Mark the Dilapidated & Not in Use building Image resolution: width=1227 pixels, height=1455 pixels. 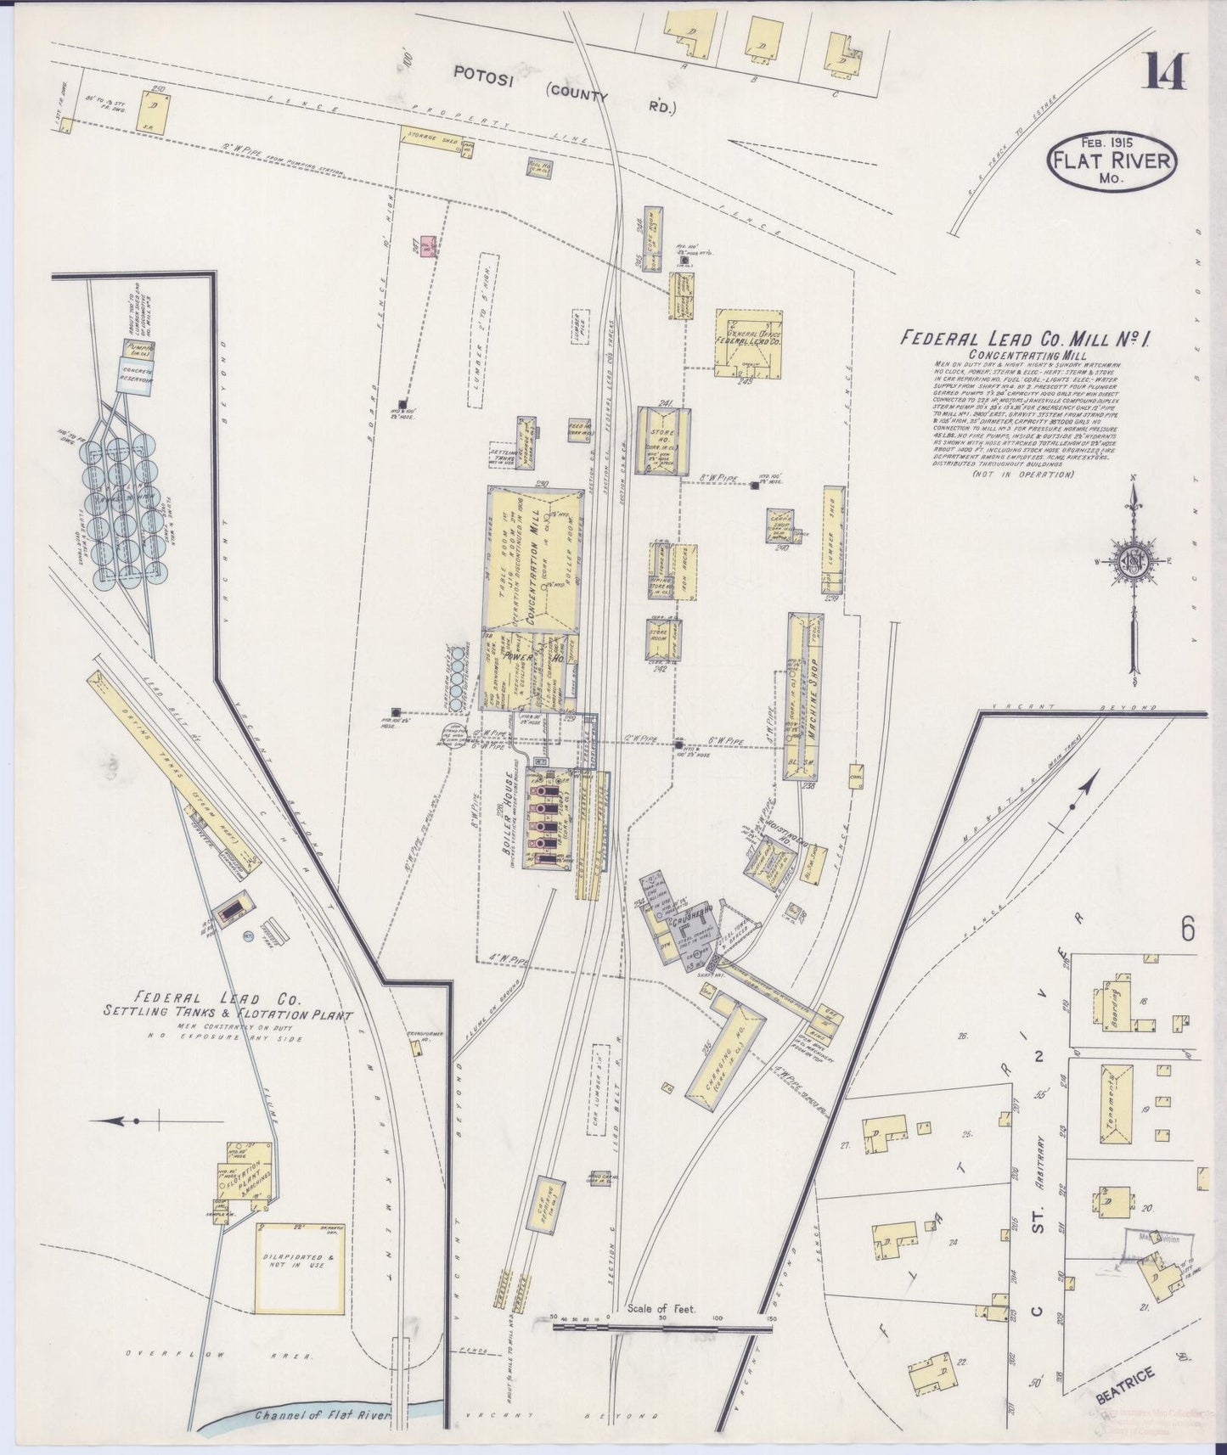click(x=301, y=1267)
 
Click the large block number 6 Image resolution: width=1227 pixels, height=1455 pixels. click(x=1186, y=930)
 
